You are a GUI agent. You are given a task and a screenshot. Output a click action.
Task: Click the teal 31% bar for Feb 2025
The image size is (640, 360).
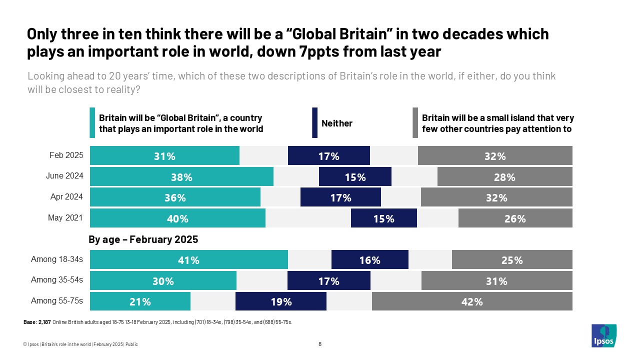164,156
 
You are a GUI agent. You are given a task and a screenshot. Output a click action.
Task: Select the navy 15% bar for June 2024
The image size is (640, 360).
355,177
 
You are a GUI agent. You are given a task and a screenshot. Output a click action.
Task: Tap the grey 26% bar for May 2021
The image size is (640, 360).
515,218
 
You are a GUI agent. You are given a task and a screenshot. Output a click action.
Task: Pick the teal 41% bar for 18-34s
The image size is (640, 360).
188,260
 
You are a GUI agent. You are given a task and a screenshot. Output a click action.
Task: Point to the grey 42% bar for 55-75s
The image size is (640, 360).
472,301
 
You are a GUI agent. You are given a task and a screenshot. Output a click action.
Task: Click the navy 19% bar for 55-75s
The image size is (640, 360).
280,301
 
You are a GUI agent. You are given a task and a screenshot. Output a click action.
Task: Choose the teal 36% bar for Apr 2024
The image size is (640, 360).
175,197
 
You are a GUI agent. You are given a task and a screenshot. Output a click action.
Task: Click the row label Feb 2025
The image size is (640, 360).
66,155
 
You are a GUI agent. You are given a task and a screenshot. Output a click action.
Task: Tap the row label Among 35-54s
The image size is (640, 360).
57,280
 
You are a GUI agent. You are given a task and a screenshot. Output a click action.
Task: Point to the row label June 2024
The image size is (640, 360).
65,176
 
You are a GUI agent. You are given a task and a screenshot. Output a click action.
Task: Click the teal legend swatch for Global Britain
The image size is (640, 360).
92,123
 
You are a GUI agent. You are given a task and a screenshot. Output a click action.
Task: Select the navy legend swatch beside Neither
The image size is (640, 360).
314,123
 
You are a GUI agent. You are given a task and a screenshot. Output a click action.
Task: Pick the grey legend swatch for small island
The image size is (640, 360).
415,123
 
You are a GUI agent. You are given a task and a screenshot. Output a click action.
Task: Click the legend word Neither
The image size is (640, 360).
336,123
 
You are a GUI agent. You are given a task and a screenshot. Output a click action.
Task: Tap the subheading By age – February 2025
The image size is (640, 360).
143,239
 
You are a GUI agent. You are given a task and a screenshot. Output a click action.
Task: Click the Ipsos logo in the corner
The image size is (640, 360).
603,335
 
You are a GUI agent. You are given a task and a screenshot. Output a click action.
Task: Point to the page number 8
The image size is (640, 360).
320,344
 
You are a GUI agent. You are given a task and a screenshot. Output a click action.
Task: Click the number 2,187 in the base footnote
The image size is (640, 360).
44,322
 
